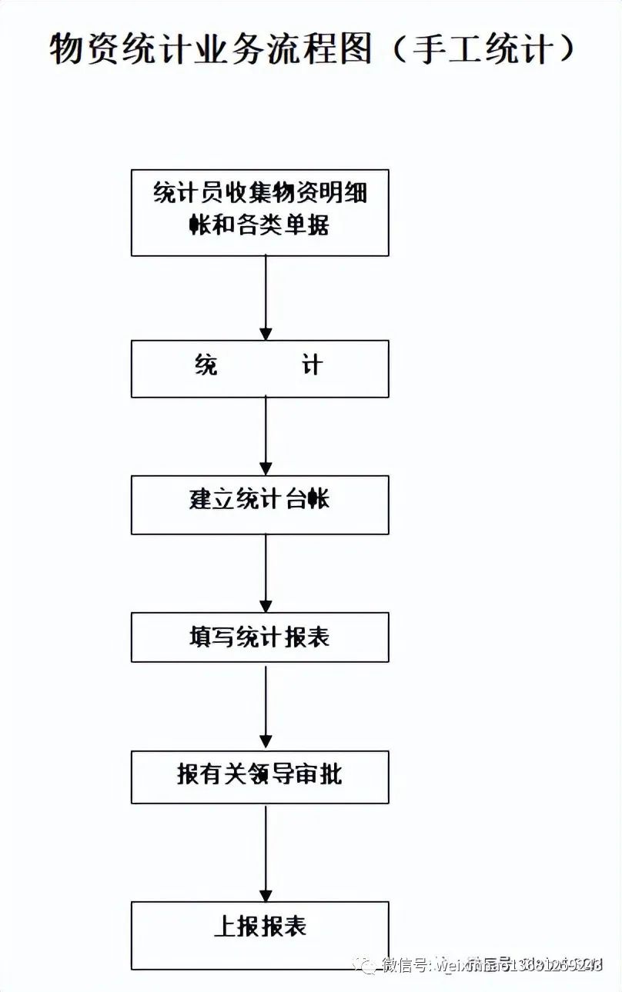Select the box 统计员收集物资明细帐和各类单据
[260, 213]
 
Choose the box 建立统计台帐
[260, 504]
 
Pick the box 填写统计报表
[260, 637]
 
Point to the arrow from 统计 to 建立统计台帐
[266, 435]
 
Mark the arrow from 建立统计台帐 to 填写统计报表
[266, 573]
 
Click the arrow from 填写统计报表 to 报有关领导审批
[266, 706]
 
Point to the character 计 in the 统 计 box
[312, 365]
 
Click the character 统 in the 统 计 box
[206, 365]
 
